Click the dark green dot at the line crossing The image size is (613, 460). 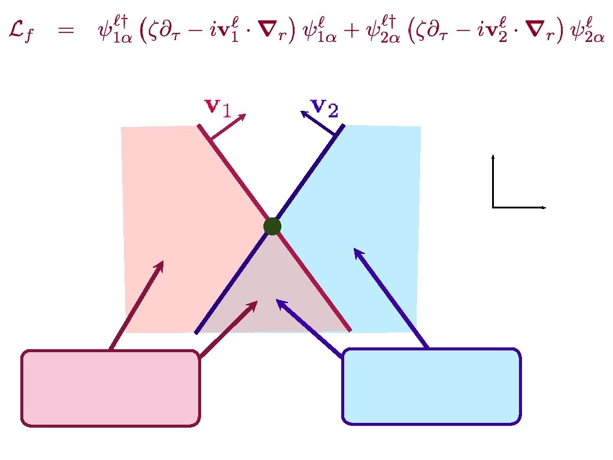(x=272, y=226)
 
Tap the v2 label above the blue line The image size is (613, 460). (x=325, y=108)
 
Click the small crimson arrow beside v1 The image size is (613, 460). (x=229, y=126)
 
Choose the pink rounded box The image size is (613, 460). (x=111, y=388)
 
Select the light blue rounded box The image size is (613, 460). (x=431, y=386)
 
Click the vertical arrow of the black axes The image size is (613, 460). (x=493, y=180)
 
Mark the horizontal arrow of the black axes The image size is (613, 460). (x=518, y=207)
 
